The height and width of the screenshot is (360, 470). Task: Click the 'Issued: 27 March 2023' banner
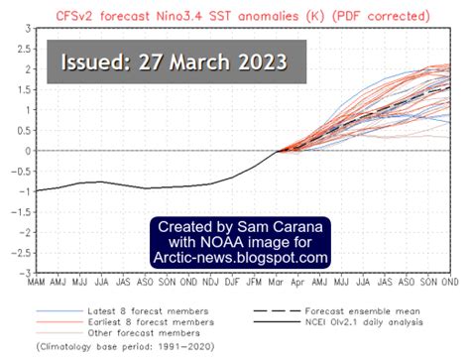pyautogui.click(x=175, y=61)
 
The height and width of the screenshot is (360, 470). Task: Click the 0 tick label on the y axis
pyautogui.click(x=20, y=151)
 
